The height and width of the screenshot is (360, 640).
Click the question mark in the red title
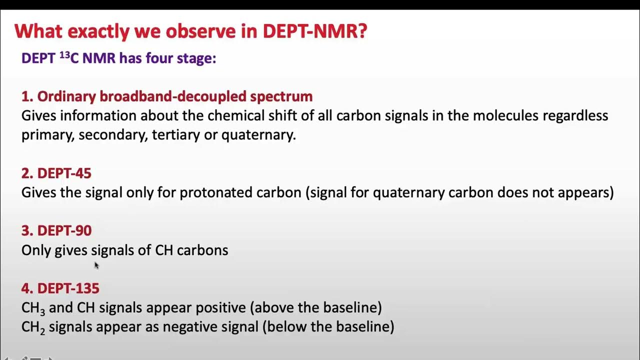click(361, 31)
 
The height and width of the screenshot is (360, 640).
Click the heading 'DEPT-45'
click(64, 173)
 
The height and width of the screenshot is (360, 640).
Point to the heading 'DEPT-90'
click(64, 230)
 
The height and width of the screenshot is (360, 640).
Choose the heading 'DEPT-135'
click(68, 288)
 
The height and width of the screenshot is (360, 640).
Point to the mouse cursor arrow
click(96, 265)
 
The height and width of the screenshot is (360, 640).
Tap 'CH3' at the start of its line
click(33, 308)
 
